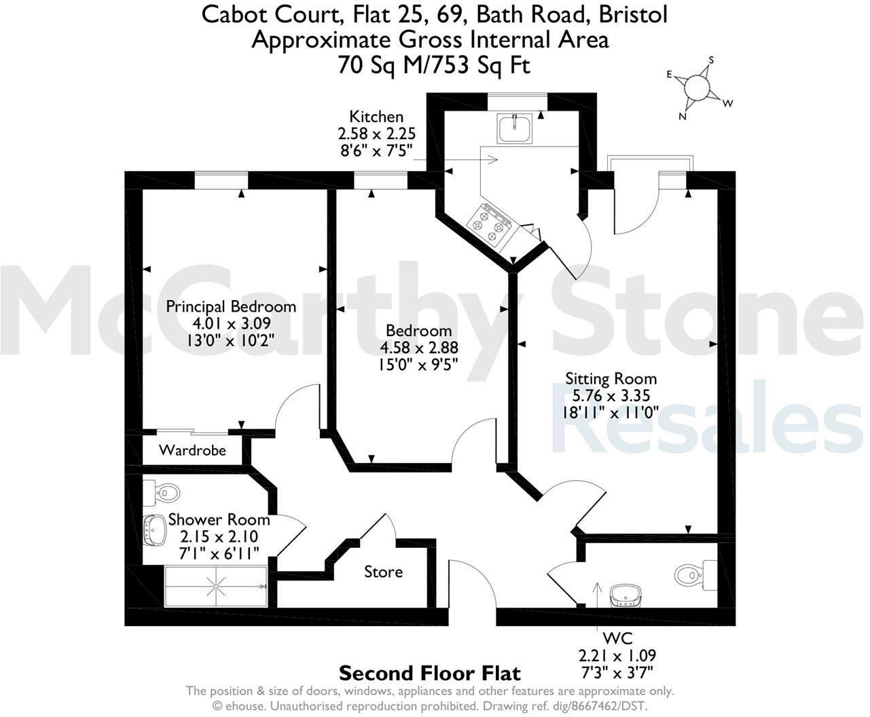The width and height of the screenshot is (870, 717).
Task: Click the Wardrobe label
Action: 192,450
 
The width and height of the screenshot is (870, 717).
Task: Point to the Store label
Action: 383,572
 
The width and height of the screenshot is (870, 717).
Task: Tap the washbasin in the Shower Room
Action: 156,530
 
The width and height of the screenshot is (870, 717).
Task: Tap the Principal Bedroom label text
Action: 231,306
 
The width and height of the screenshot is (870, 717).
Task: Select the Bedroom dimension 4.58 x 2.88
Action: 418,348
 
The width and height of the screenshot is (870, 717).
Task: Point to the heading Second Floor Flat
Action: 429,674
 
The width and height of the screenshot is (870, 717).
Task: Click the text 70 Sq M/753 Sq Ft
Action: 434,65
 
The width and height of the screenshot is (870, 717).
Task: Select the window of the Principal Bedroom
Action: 221,180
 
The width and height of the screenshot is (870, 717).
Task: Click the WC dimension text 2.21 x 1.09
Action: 617,656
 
